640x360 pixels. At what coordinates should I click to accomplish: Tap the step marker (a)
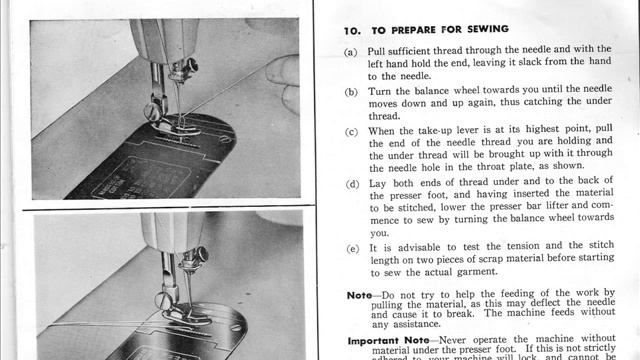pyautogui.click(x=350, y=50)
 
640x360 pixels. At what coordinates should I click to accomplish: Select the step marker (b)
pyautogui.click(x=350, y=91)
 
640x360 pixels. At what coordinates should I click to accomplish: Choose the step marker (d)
pyautogui.click(x=350, y=184)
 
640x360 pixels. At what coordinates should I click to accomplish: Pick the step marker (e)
pyautogui.click(x=350, y=247)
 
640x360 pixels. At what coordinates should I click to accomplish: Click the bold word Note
pyautogui.click(x=358, y=296)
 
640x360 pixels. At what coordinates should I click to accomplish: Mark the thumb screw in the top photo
pyautogui.click(x=152, y=112)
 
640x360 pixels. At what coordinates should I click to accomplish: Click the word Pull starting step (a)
pyautogui.click(x=381, y=50)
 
